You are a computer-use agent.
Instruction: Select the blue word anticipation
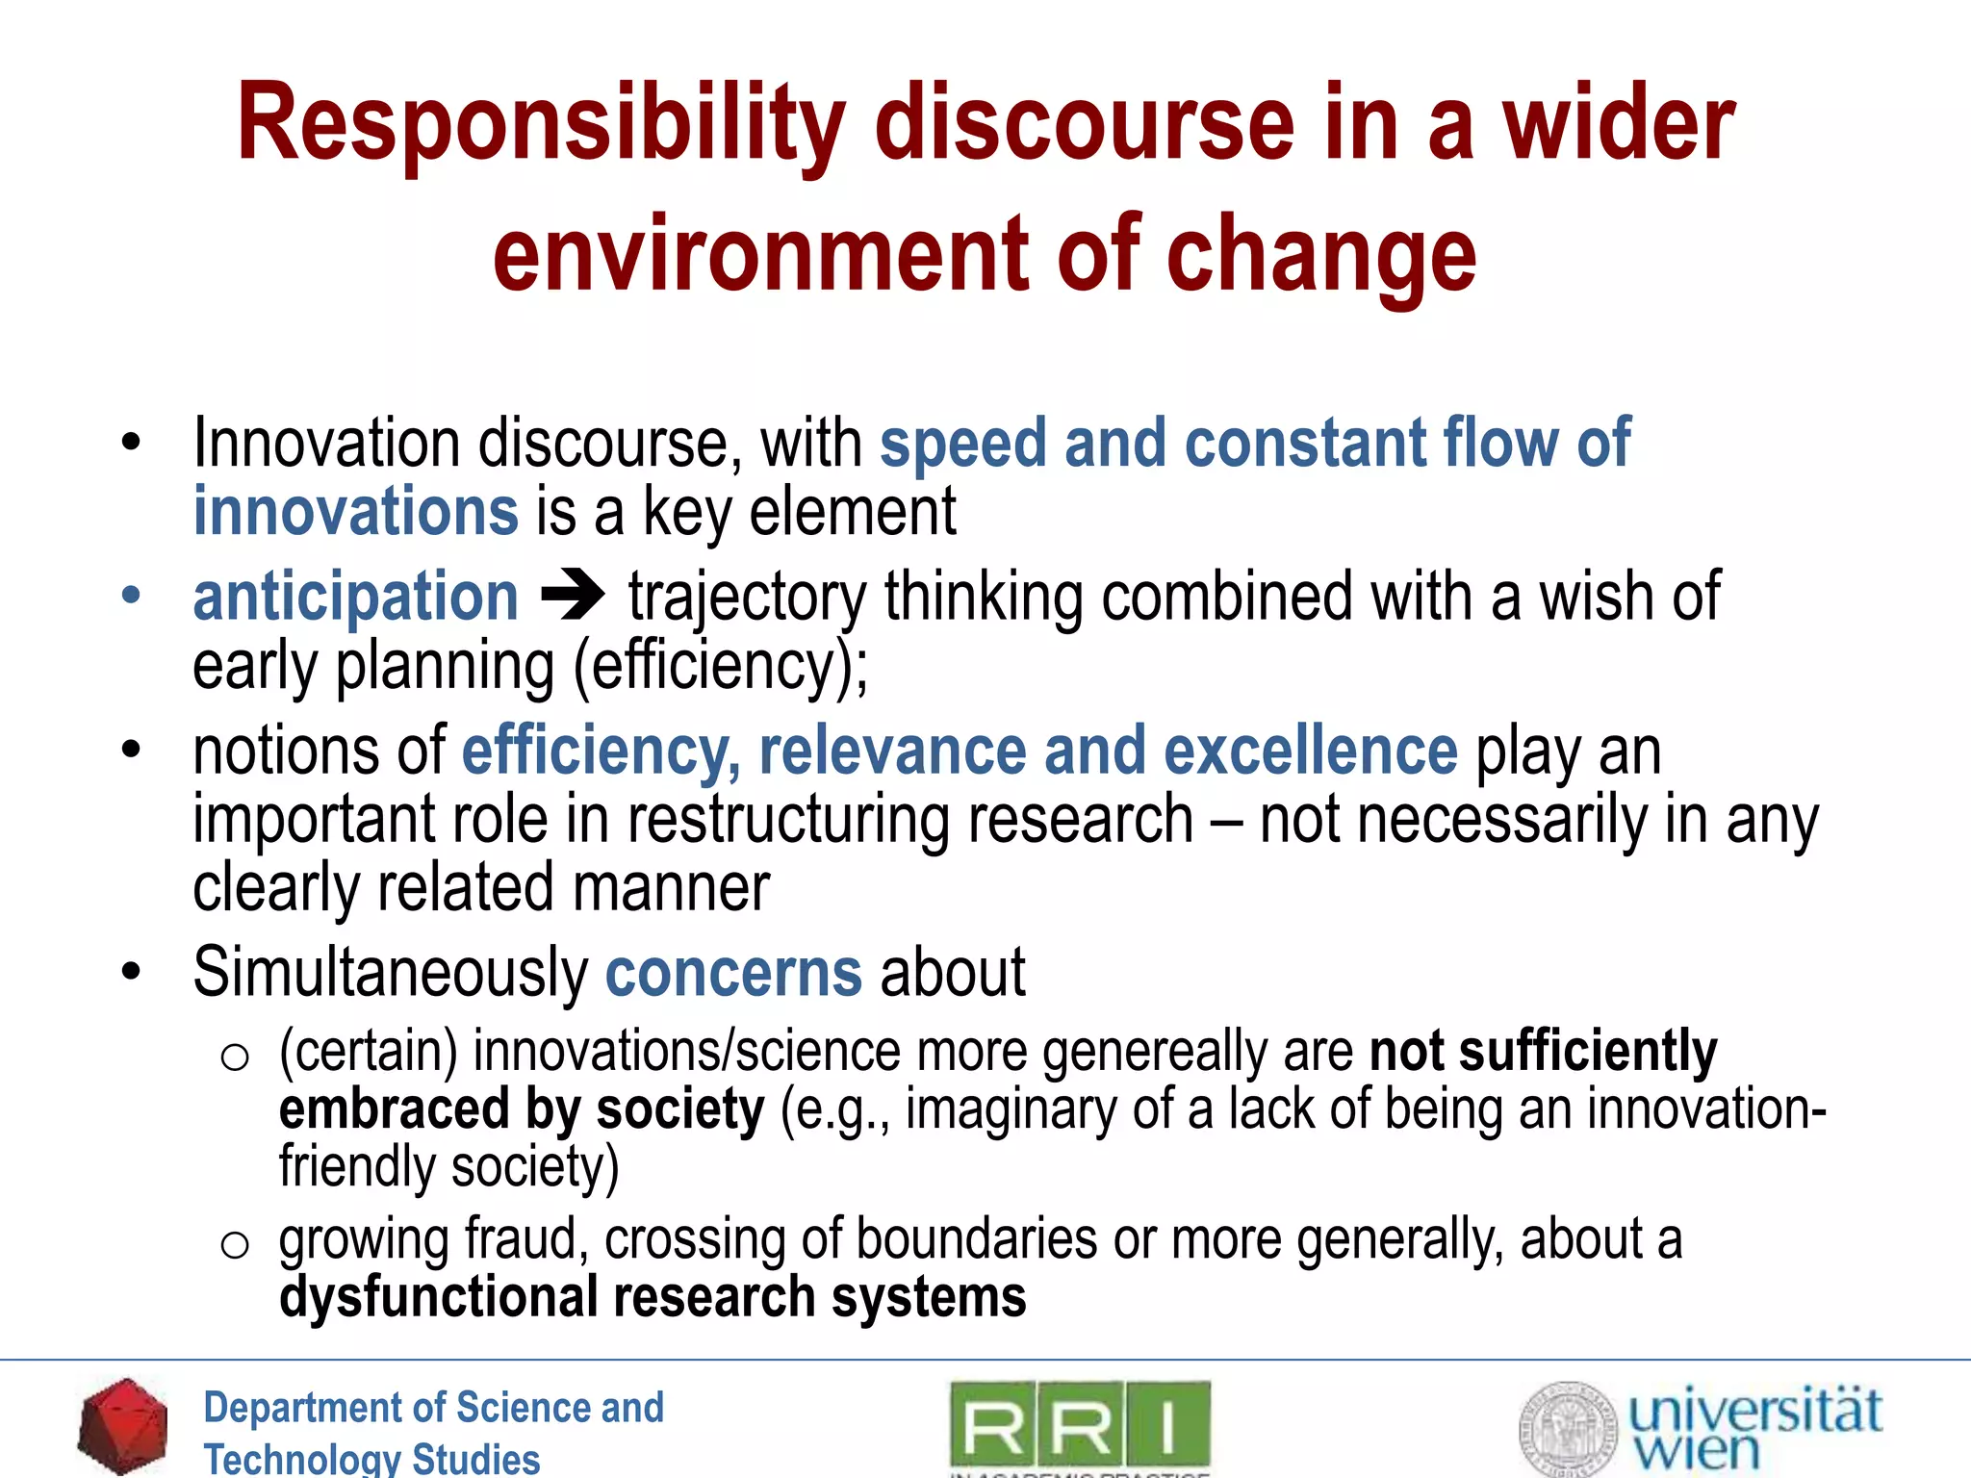pos(355,598)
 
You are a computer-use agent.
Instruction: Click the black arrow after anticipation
pos(573,596)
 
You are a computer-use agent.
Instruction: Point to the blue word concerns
pos(733,973)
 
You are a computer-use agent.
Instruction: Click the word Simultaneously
pos(390,973)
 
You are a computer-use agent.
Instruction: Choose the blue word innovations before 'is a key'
pos(355,511)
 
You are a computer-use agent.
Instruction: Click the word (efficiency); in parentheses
pos(721,666)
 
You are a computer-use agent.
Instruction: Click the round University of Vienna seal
pos(1568,1429)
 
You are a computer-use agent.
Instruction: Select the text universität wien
pos(1753,1430)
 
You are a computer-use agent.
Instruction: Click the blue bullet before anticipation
pos(131,596)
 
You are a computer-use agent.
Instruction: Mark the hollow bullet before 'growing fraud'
pos(235,1245)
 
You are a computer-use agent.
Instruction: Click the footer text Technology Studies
pos(371,1458)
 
